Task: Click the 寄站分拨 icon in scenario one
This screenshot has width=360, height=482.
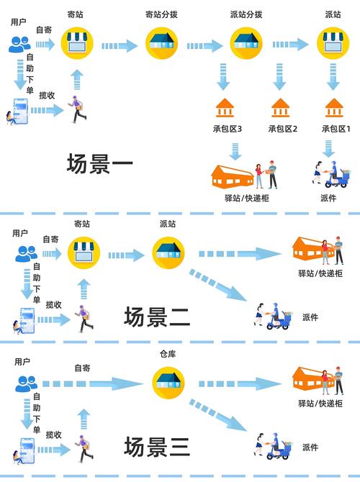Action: click(163, 45)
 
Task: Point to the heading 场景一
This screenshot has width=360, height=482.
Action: click(100, 165)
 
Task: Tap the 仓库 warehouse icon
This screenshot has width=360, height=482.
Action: click(167, 380)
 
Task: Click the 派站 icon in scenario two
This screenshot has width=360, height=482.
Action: click(167, 253)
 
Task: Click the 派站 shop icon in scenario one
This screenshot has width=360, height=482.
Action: click(333, 45)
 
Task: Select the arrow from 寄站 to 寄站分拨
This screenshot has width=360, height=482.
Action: click(119, 46)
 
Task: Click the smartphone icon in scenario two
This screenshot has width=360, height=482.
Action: click(26, 319)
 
